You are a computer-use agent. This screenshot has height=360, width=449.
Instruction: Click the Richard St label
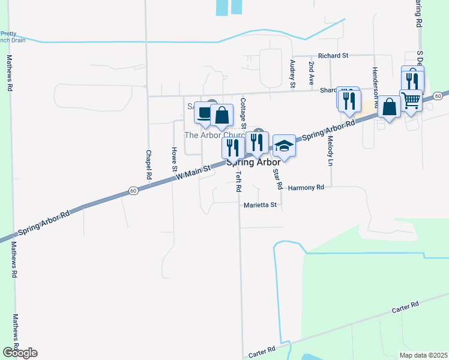pyautogui.click(x=333, y=55)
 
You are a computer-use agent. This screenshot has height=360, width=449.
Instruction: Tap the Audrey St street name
pyautogui.click(x=293, y=74)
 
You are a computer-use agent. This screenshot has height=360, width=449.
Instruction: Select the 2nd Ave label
pyautogui.click(x=311, y=71)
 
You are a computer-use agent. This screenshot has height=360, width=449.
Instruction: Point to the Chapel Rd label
pyautogui.click(x=148, y=164)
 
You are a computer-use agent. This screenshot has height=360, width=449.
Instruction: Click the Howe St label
pyautogui.click(x=174, y=159)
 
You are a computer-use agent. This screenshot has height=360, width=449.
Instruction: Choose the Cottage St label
pyautogui.click(x=243, y=113)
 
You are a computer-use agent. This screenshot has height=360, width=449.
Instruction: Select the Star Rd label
pyautogui.click(x=277, y=179)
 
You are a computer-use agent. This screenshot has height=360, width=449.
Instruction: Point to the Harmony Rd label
pyautogui.click(x=306, y=188)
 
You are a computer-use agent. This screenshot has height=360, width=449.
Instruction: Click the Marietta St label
pyautogui.click(x=260, y=205)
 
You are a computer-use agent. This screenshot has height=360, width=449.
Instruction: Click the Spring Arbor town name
pyautogui.click(x=253, y=163)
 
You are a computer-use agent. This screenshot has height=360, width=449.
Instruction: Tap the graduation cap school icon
pyautogui.click(x=285, y=146)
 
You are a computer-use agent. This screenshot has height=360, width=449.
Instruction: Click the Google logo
pyautogui.click(x=19, y=353)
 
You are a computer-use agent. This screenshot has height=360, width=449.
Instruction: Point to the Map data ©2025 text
pyautogui.click(x=423, y=355)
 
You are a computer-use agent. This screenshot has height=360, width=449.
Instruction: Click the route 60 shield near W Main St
pyautogui.click(x=133, y=191)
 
